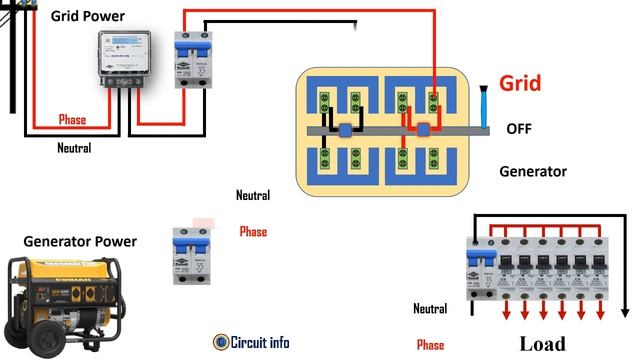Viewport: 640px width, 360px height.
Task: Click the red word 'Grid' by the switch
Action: click(521, 83)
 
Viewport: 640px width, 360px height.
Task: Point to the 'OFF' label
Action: click(520, 129)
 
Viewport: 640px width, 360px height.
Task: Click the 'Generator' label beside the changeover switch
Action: click(533, 172)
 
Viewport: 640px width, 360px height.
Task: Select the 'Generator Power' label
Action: click(80, 242)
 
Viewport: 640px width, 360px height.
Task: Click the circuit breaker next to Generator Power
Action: click(190, 256)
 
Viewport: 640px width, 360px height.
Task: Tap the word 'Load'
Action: click(542, 345)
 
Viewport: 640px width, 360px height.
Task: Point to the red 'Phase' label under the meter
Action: click(72, 120)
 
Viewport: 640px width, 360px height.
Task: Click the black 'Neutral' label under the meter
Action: click(73, 148)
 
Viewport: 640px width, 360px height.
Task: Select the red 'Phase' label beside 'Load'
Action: click(430, 345)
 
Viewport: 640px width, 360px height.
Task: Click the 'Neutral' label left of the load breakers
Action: click(430, 309)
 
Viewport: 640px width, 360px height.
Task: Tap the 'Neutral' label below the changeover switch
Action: click(253, 195)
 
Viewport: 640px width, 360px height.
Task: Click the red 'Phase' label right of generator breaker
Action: click(253, 232)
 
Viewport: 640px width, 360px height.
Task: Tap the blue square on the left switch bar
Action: click(343, 130)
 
